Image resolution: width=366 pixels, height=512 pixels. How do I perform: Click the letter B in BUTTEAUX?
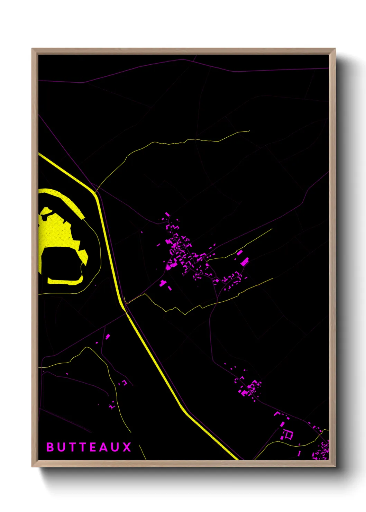tap(50, 447)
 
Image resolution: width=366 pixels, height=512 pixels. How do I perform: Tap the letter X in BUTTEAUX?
tap(127, 447)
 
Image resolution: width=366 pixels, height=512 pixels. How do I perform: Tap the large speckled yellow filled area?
tap(57, 232)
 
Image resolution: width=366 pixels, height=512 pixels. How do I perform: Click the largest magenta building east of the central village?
tap(245, 262)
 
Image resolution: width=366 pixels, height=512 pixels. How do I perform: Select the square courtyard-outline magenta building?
tap(288, 435)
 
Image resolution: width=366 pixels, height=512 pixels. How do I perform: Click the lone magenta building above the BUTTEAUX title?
tap(108, 336)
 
